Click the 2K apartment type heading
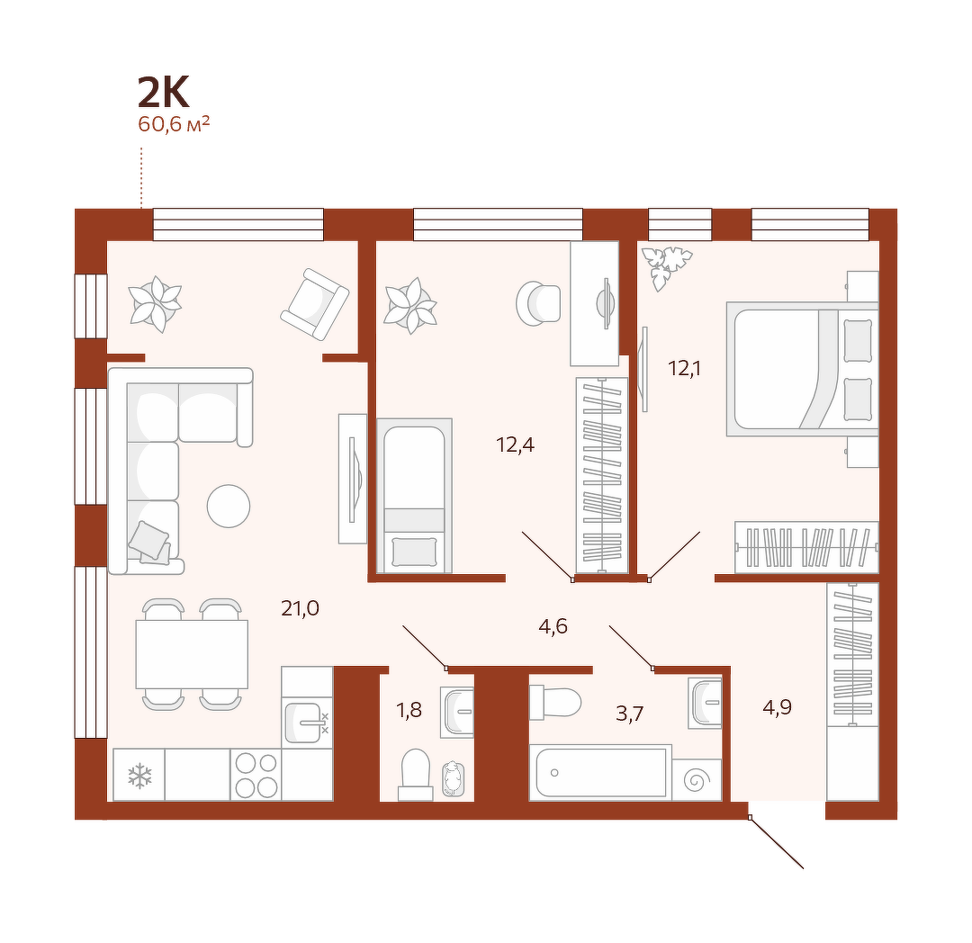point(163,93)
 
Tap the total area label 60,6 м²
point(174,124)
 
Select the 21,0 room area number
point(300,608)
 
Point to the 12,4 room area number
point(515,445)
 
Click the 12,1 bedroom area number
point(684,368)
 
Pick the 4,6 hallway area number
point(553,626)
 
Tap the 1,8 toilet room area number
point(409,709)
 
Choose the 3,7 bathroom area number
point(629,714)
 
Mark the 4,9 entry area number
point(778,707)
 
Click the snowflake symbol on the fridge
point(139,776)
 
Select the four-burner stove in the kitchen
point(256,775)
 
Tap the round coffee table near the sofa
point(228,506)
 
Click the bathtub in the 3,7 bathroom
point(600,772)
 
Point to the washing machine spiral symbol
point(696,780)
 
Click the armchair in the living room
point(314,303)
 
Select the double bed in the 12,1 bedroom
point(803,369)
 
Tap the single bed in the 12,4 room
point(414,496)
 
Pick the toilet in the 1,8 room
point(415,775)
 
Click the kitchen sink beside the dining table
point(307,723)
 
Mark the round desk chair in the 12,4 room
point(538,303)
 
